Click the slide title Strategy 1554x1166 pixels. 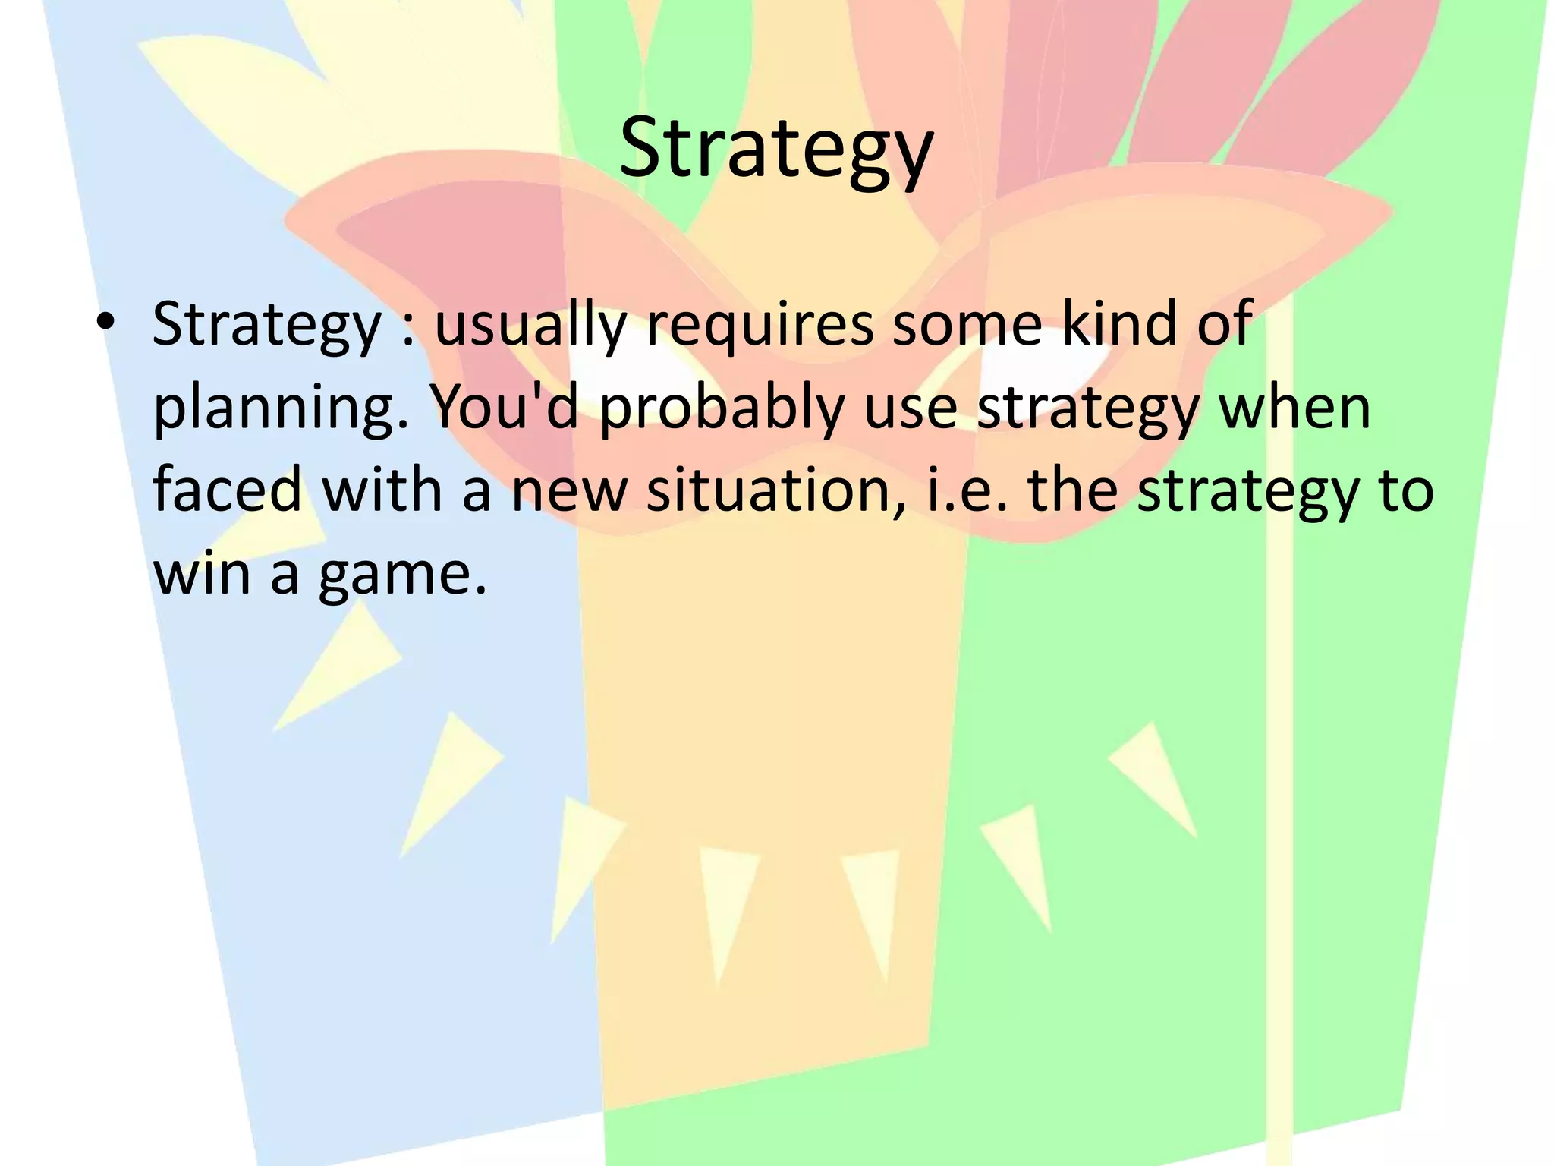[775, 149]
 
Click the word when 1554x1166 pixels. [1294, 407]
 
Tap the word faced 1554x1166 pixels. [228, 490]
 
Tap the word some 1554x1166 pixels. [966, 325]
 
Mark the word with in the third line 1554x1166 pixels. [382, 490]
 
